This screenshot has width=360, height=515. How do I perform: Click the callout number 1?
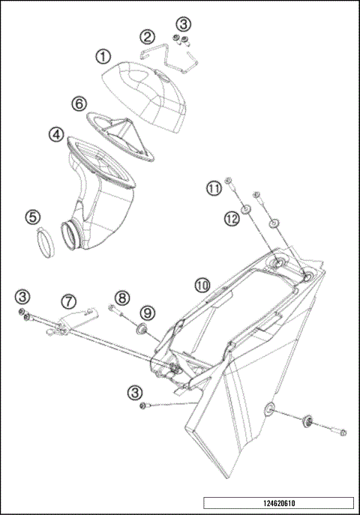point(102,55)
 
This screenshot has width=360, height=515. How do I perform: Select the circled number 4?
point(55,135)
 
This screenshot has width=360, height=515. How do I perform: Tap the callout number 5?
point(31,217)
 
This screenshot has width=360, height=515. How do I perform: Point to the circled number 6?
point(78,103)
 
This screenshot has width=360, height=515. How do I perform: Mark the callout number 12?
point(230,218)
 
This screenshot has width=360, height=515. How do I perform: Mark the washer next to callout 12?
point(247,208)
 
